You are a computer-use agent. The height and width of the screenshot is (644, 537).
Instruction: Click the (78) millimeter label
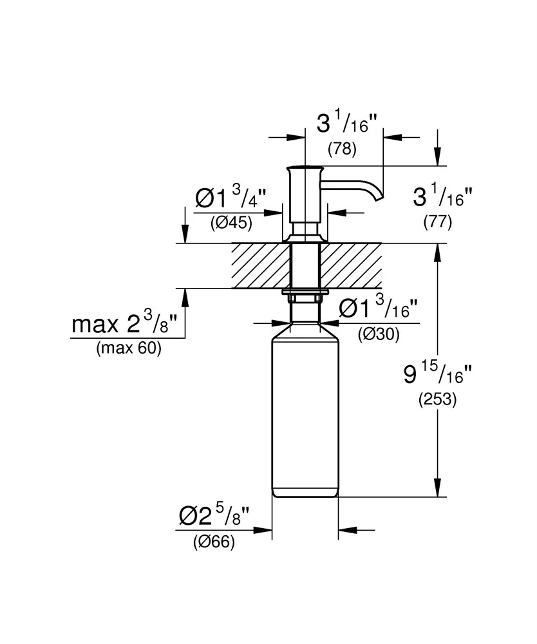[342, 149]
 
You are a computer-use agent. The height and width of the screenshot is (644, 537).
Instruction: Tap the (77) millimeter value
[438, 222]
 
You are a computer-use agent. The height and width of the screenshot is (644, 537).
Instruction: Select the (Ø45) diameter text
[231, 223]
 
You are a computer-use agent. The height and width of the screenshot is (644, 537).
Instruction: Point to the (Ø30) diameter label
[379, 335]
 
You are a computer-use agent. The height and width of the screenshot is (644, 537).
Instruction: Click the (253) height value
[438, 399]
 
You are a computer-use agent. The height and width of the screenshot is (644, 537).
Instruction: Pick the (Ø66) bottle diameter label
[214, 542]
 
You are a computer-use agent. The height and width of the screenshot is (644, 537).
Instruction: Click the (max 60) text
[129, 348]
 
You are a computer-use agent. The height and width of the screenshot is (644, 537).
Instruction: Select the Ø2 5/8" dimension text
[214, 515]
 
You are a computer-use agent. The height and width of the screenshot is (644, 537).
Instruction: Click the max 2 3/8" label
[124, 322]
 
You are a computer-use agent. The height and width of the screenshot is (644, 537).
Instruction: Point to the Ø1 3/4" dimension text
[231, 196]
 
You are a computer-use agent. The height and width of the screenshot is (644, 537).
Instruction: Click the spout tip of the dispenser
[380, 198]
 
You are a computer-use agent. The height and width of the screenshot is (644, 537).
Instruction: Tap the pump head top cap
[305, 169]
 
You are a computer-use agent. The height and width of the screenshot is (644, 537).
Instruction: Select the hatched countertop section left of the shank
[260, 266]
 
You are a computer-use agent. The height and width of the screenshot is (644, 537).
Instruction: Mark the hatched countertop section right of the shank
[351, 266]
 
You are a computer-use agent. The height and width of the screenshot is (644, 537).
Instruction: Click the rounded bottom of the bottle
[305, 492]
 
